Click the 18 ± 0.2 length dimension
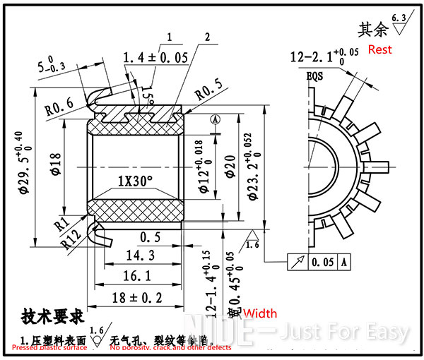click(x=135, y=298)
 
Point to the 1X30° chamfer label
click(x=136, y=181)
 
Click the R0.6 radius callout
click(x=59, y=109)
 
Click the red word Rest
click(x=379, y=50)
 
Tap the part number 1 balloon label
click(x=170, y=37)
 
